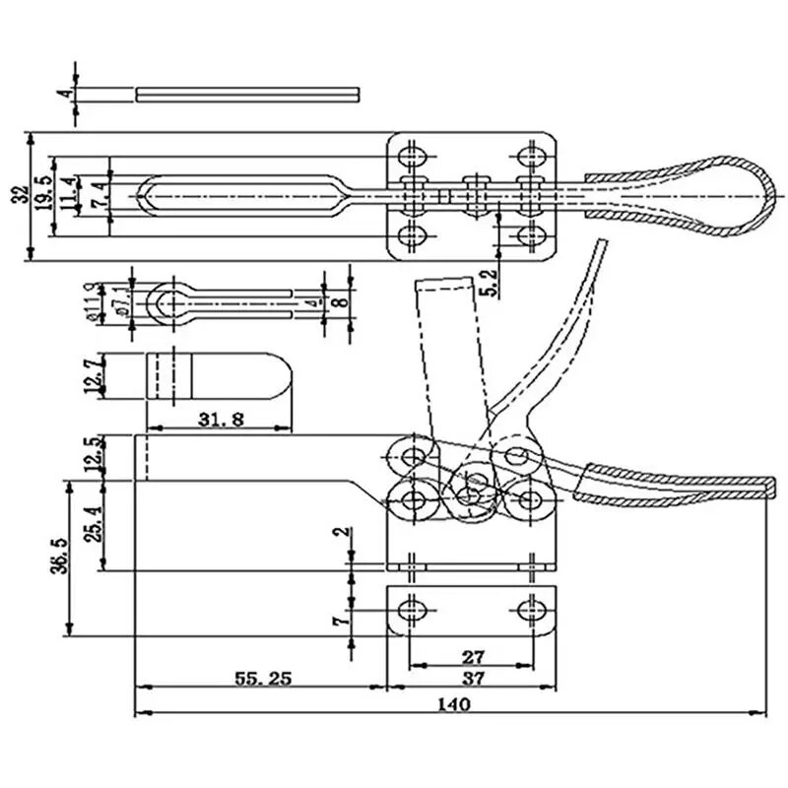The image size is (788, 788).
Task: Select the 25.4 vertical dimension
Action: pyautogui.click(x=92, y=524)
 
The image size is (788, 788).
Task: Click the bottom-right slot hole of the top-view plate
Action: pyautogui.click(x=532, y=236)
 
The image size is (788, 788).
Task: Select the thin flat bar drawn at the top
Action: pyautogui.click(x=247, y=95)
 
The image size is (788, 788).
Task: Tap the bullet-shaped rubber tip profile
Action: pyautogui.click(x=221, y=375)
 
